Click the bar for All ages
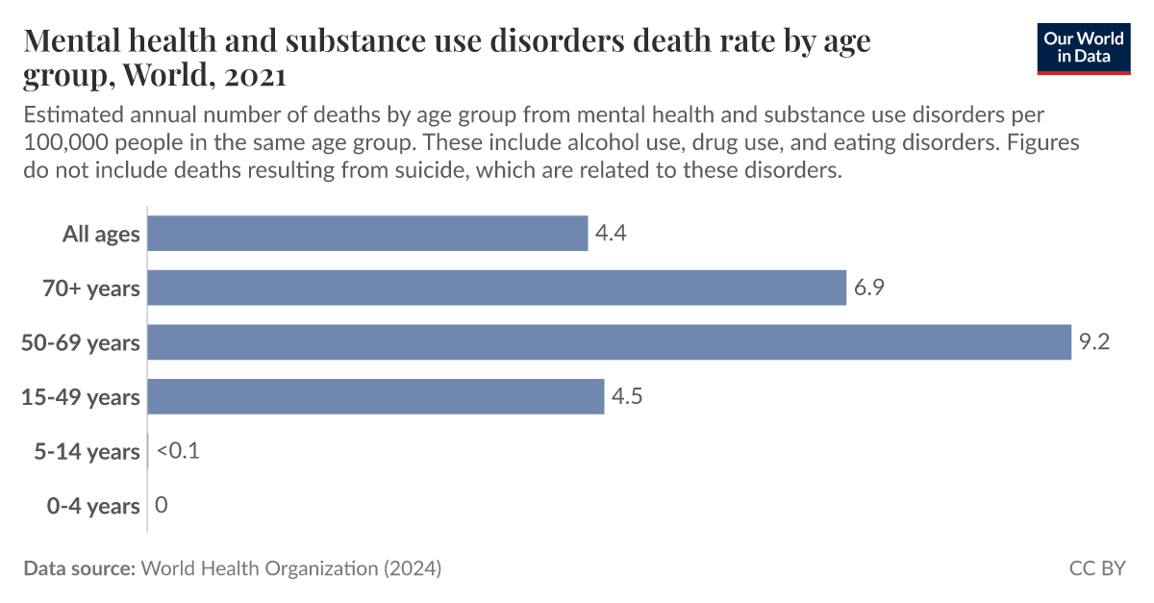click(x=367, y=234)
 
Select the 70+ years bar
click(x=496, y=288)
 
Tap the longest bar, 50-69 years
click(x=609, y=342)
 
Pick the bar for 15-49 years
click(x=376, y=396)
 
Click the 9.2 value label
click(x=1094, y=342)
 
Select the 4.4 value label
click(x=612, y=234)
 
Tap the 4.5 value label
click(x=628, y=396)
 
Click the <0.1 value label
click(x=177, y=451)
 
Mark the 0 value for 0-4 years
click(x=161, y=505)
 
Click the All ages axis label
click(x=101, y=234)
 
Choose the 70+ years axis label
click(x=92, y=289)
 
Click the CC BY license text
click(x=1096, y=568)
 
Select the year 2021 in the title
click(x=253, y=74)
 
